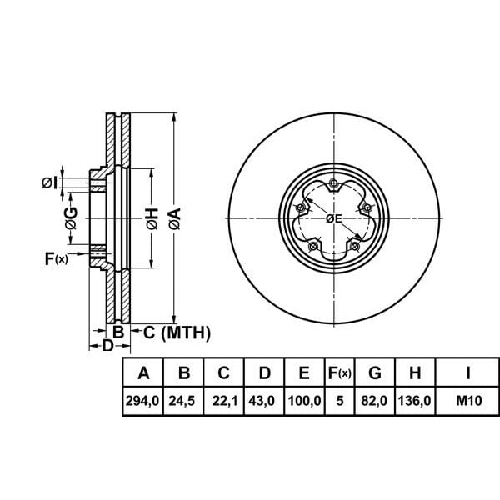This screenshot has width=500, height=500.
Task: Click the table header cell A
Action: click(143, 372)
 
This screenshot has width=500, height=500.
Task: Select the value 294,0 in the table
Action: click(143, 402)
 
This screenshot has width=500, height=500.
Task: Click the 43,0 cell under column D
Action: click(263, 402)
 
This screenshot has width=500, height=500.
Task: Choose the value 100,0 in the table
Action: click(304, 402)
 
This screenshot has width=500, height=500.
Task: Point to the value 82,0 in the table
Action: click(375, 402)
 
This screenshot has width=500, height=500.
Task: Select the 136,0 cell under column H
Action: click(414, 402)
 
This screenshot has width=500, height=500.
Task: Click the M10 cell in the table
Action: click(468, 402)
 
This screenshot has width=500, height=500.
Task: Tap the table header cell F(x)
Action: click(340, 372)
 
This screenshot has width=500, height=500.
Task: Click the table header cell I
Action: click(468, 372)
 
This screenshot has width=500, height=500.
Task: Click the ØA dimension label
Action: click(173, 219)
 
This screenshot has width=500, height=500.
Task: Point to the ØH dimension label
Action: click(151, 219)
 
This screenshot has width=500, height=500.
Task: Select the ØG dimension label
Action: click(72, 219)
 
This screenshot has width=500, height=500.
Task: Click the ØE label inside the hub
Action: click(333, 218)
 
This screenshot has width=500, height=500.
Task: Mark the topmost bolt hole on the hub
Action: click(333, 183)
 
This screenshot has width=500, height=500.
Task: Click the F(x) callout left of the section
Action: click(56, 259)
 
